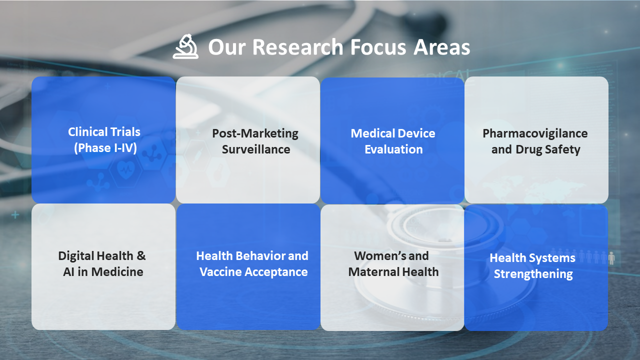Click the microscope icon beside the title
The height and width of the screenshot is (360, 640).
pos(185,46)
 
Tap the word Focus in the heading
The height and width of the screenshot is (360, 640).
pos(378,47)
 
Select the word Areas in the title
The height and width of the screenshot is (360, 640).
pos(441,47)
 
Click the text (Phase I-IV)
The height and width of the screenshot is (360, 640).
pos(105,148)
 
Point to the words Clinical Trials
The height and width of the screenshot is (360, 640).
pos(104,132)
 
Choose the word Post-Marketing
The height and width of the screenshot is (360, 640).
pos(255,133)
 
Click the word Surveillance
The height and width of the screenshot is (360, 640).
pos(256,149)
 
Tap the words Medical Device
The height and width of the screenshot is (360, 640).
pos(393,133)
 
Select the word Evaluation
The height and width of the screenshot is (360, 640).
pos(393,149)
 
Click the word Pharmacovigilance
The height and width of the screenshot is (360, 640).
pos(535,133)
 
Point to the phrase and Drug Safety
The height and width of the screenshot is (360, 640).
pos(535,149)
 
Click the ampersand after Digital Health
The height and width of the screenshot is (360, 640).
pos(141,256)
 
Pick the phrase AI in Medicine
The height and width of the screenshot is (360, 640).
pos(103,272)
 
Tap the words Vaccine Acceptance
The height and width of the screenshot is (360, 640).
pos(253,272)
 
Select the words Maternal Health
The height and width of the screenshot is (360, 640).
pos(393,272)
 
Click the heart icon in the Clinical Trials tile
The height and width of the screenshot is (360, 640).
pos(126,169)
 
